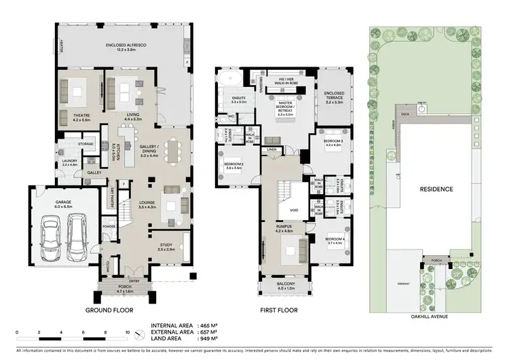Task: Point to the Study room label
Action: [x=166, y=247]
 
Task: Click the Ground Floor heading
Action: [x=108, y=310]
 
